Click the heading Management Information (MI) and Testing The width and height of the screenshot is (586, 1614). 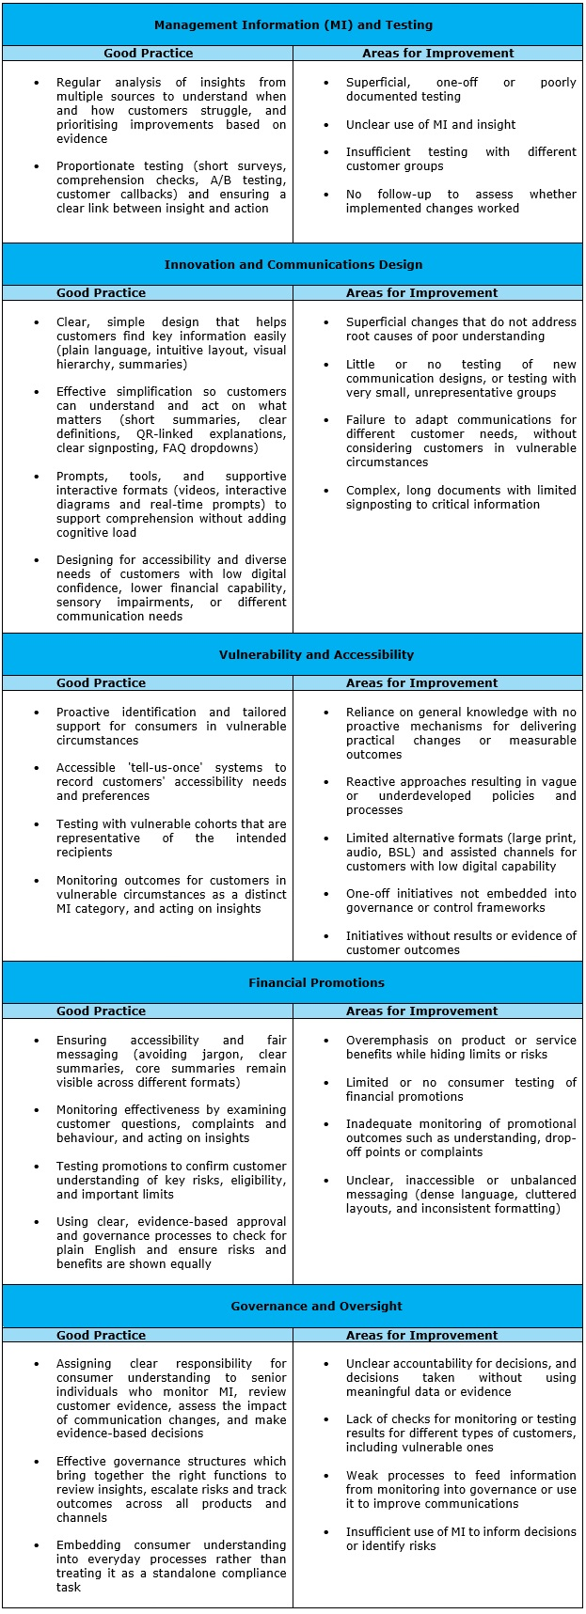[x=293, y=24]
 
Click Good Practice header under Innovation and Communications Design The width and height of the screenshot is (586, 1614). [x=101, y=293]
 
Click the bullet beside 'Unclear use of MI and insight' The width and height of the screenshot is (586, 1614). [x=326, y=125]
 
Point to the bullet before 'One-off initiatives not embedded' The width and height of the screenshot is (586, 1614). [x=326, y=894]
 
